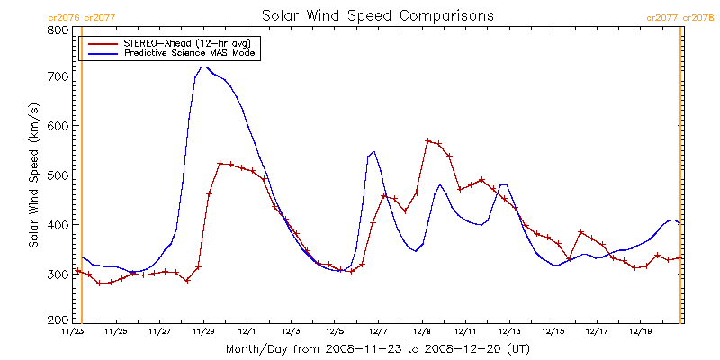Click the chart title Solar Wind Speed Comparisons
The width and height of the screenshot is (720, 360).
coord(378,16)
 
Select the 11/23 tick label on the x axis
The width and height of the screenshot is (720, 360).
coord(72,331)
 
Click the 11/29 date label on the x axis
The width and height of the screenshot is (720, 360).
coord(203,331)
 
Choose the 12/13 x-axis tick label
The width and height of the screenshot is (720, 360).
coord(509,331)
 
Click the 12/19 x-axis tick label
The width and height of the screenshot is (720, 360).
coord(640,331)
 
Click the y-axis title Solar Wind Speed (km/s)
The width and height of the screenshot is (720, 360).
coord(33,175)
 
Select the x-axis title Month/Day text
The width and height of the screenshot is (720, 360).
coord(377,348)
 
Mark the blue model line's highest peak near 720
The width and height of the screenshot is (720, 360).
coord(204,67)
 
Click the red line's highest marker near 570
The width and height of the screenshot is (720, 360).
coord(428,141)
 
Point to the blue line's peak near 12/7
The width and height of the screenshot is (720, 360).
coord(373,152)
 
